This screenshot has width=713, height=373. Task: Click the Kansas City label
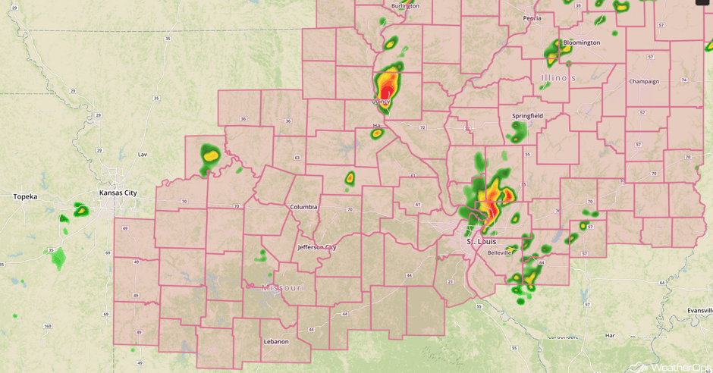pyautogui.click(x=118, y=193)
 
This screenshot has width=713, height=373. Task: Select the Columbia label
pyautogui.click(x=304, y=207)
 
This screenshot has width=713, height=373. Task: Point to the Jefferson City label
pyautogui.click(x=317, y=247)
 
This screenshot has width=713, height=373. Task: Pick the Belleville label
pyautogui.click(x=500, y=252)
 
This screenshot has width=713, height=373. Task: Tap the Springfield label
pyautogui.click(x=527, y=116)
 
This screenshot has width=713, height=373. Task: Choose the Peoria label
pyautogui.click(x=532, y=17)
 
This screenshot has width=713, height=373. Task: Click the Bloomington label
pyautogui.click(x=582, y=42)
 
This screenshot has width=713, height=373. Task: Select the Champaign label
pyautogui.click(x=644, y=81)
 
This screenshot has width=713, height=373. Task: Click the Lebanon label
pyautogui.click(x=276, y=342)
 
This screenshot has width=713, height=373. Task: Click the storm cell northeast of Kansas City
pyautogui.click(x=209, y=155)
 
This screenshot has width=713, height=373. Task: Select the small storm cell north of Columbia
pyautogui.click(x=350, y=179)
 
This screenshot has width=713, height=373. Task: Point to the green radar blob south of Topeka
pyautogui.click(x=58, y=259)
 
